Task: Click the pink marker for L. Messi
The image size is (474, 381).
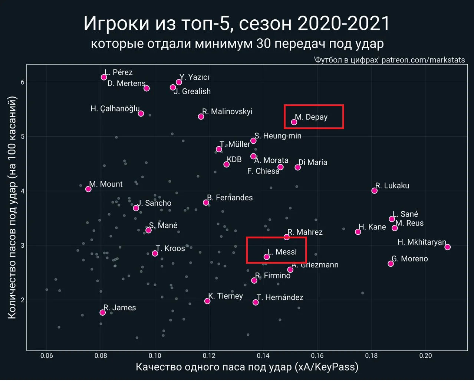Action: (x=267, y=257)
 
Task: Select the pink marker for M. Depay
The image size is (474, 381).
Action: (x=294, y=122)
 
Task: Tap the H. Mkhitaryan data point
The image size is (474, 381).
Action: (x=448, y=247)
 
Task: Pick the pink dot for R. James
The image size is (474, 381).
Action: (x=103, y=313)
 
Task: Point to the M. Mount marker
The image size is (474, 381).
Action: (x=88, y=189)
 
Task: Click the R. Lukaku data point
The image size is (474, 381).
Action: (x=375, y=190)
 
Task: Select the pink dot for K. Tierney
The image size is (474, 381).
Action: (x=207, y=301)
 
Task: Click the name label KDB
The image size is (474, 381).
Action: (x=234, y=160)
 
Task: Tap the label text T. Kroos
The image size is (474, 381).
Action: (x=170, y=248)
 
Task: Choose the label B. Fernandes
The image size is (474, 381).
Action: (x=230, y=198)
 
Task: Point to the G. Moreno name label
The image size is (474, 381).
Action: (x=410, y=259)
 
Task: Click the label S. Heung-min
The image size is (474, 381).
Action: (x=278, y=136)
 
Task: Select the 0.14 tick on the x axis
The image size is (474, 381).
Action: (x=263, y=356)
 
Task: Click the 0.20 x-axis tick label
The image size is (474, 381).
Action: (x=425, y=356)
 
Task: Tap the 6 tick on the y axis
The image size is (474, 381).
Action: (x=23, y=82)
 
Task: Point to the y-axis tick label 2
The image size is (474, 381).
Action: (x=23, y=300)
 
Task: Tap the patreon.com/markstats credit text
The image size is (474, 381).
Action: (x=423, y=60)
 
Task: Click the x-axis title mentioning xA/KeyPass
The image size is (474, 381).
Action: (x=247, y=367)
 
